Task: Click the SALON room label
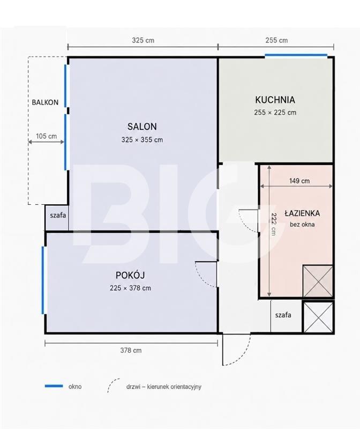(142, 127)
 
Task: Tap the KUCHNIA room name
(275, 100)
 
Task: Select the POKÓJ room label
(130, 275)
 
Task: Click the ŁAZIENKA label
(302, 213)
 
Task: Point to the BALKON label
(45, 102)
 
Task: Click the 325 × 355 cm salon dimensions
(142, 140)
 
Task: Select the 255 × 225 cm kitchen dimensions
(275, 113)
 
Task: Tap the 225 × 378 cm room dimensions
(130, 288)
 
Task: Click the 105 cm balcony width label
(47, 136)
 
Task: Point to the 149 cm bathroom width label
(299, 181)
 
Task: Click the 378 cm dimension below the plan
(131, 350)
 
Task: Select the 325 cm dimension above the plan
(143, 40)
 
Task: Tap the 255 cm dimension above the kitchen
(276, 40)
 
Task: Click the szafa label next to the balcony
(58, 216)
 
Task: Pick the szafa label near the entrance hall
(283, 315)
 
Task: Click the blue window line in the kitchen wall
(296, 55)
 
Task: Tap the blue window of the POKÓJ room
(43, 280)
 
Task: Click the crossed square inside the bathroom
(318, 281)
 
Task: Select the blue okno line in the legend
(54, 386)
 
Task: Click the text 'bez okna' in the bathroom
(302, 225)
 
